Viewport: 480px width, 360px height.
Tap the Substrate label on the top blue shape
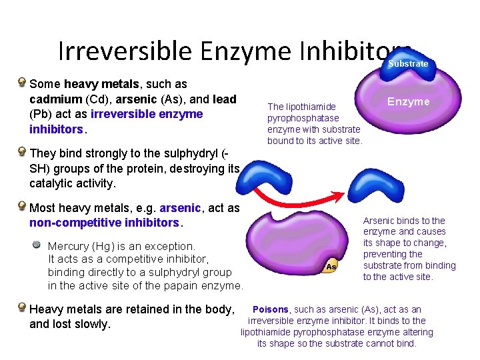pos(408,63)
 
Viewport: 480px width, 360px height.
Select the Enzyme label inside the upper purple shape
pos(408,101)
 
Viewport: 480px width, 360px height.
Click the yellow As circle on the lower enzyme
pos(331,266)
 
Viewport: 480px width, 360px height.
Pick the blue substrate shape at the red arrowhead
pos(376,184)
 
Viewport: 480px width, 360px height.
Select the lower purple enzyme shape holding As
pos(300,240)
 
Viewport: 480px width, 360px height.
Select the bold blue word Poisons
pos(270,309)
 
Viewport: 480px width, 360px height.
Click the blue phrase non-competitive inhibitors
pos(104,223)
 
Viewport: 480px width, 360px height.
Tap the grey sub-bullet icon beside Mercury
pos(38,245)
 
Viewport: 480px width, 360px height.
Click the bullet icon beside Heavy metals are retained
pos(23,308)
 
